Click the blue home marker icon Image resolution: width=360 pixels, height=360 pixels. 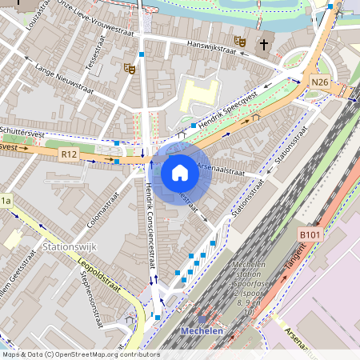point(179,173)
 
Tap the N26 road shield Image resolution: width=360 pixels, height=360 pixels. point(320,82)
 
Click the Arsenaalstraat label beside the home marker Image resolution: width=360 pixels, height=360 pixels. point(220,170)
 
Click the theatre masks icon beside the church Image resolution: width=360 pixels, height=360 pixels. point(239,40)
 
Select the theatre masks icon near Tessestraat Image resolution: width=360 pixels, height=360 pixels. point(129,69)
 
